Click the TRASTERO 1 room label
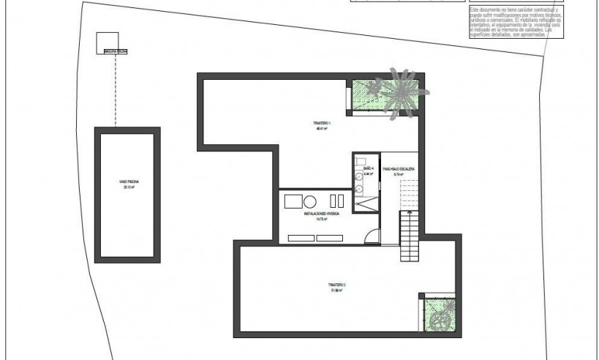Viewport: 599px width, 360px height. [320, 123]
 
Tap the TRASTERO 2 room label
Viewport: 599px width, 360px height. [336, 282]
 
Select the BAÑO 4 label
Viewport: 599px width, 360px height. [369, 169]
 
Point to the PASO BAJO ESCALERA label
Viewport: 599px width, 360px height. [399, 169]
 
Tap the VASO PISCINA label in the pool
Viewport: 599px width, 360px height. [129, 183]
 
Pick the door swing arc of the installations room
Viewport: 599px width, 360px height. [374, 236]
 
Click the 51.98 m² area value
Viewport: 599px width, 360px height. [336, 289]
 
